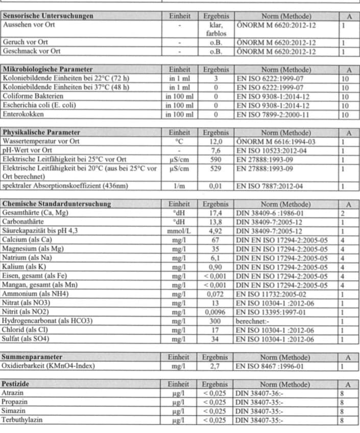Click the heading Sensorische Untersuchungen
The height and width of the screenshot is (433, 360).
coord(49,16)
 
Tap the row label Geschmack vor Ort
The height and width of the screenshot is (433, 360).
coord(32,51)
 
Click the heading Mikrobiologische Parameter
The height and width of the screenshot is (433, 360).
coord(48,70)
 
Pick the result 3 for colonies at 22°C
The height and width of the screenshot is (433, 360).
coord(215,79)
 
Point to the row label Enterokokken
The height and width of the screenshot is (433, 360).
coord(23,115)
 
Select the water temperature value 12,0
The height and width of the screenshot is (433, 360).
coord(215,141)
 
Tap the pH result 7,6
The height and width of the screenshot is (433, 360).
coord(215,150)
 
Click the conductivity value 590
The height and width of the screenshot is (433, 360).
coord(215,159)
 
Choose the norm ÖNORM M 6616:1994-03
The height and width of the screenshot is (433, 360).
coord(276,141)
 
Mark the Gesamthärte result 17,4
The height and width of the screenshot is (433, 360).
coord(215,213)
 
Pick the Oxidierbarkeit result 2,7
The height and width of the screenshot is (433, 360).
coord(215,366)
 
